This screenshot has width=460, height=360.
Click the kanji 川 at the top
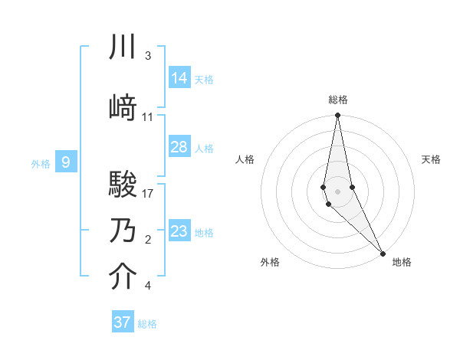pos(123,48)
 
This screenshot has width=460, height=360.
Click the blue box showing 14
pos(179,77)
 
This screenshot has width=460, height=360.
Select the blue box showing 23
pos(179,231)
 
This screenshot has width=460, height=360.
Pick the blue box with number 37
pos(123,322)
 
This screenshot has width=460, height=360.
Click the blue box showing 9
pos(67,162)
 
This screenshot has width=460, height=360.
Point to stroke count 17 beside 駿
pos(148,194)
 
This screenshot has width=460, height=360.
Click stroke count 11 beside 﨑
pos(148,117)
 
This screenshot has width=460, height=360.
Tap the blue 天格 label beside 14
pos(204,79)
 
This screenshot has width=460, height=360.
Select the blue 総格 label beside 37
pos(147,324)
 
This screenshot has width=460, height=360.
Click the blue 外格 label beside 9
pos(41,163)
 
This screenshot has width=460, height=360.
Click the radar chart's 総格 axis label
pos(338,100)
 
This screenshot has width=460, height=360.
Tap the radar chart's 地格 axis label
pos(402,262)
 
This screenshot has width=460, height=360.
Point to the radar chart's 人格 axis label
pos(245,159)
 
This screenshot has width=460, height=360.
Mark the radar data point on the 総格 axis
pos(338,116)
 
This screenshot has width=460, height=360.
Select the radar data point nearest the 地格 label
pos(383,252)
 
